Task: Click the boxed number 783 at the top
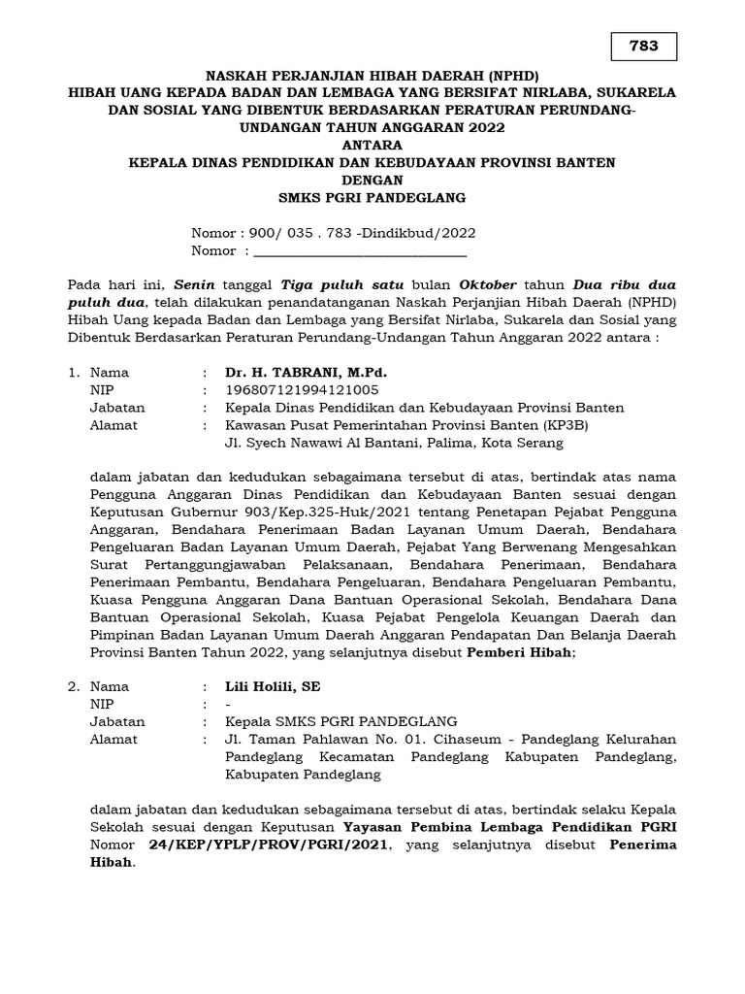(x=643, y=47)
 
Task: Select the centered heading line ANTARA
(x=372, y=145)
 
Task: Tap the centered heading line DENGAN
(x=372, y=180)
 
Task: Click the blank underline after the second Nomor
(x=359, y=251)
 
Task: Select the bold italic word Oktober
(x=488, y=285)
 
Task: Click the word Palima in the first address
(x=476, y=443)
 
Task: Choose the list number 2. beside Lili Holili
(x=74, y=686)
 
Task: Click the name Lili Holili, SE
(x=273, y=686)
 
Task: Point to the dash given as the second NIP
(x=227, y=704)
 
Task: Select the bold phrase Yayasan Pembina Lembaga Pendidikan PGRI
(x=510, y=827)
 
